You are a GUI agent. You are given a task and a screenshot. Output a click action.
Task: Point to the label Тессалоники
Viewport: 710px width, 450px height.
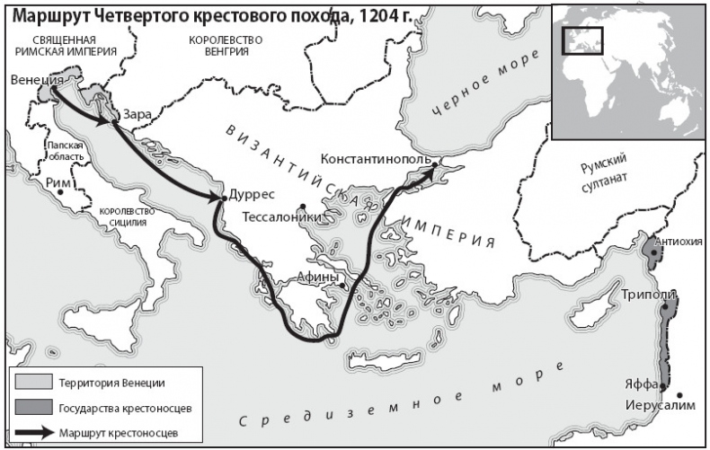282,216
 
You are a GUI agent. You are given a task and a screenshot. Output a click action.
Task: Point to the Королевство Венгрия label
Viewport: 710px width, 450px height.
226,46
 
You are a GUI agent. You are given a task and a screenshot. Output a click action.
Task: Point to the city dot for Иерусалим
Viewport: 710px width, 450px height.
680,394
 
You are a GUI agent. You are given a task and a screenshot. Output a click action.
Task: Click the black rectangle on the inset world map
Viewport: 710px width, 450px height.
581,40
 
